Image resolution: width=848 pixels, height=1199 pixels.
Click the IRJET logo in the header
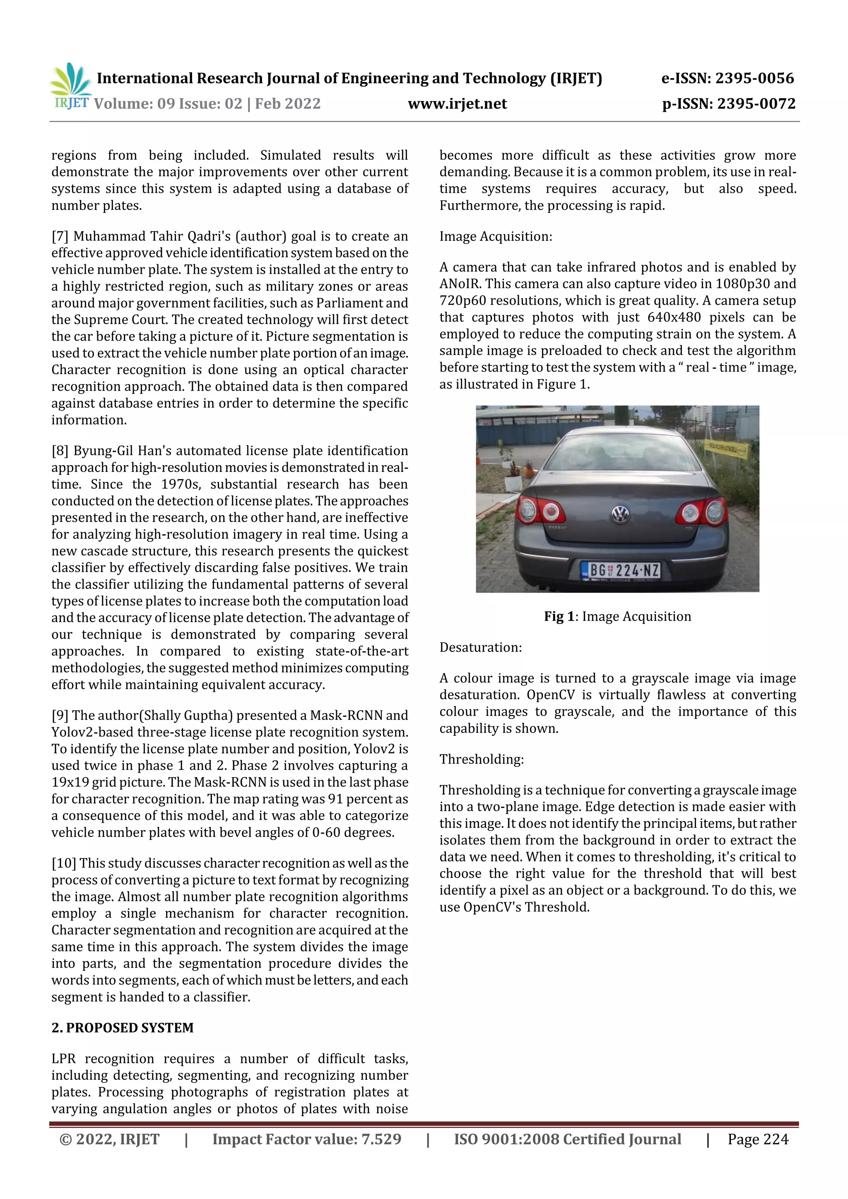(70, 87)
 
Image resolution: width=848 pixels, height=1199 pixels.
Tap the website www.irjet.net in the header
(457, 104)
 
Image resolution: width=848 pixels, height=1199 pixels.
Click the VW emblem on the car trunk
(620, 514)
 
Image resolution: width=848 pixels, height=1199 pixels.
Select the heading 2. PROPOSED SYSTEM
(122, 1028)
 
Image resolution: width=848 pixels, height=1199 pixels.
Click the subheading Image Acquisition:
(495, 237)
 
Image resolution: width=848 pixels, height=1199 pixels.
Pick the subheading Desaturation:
(480, 648)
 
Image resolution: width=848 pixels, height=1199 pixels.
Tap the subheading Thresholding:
(481, 759)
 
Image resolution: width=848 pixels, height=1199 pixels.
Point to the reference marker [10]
(64, 863)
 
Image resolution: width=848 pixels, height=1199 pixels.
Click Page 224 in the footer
(758, 1139)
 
